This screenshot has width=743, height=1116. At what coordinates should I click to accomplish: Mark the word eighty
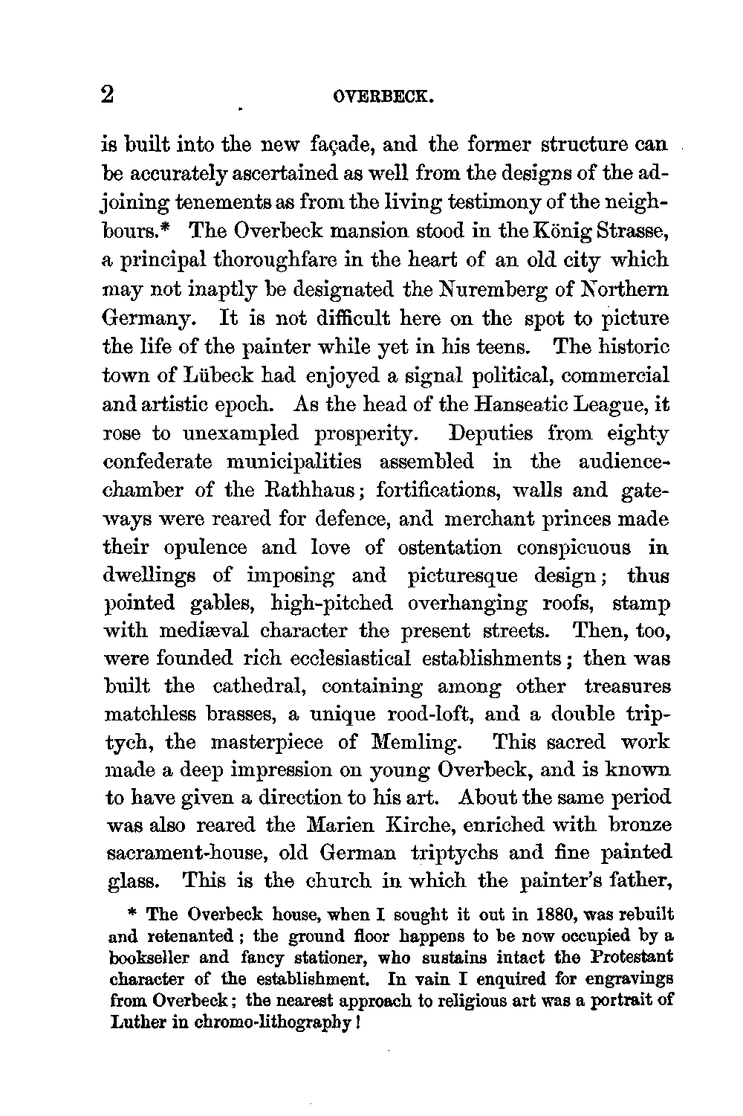click(640, 433)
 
